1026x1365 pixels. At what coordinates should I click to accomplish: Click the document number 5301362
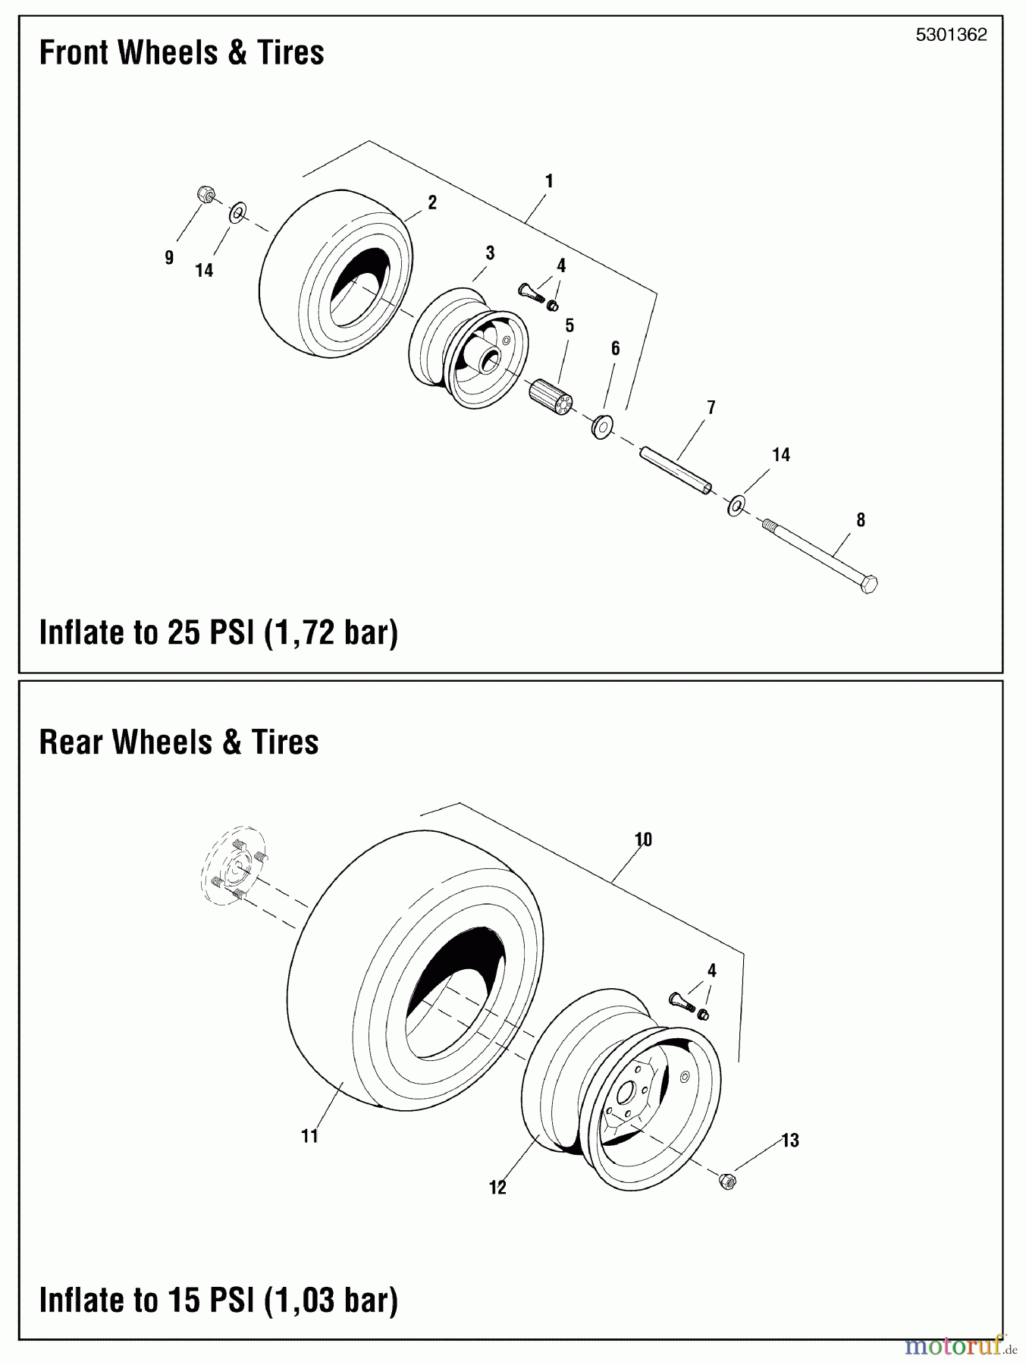click(951, 35)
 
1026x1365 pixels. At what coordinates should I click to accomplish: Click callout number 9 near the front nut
click(168, 257)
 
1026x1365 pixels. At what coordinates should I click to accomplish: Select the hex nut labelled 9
click(204, 194)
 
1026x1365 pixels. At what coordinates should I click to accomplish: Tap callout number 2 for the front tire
click(432, 202)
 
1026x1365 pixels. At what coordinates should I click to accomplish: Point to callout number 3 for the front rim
click(490, 253)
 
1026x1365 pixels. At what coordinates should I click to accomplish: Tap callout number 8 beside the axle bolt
click(860, 520)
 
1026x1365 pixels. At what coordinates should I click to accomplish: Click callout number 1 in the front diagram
click(548, 181)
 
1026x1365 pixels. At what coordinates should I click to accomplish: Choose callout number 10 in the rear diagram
click(643, 839)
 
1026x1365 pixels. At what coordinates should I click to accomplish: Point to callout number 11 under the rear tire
click(309, 1136)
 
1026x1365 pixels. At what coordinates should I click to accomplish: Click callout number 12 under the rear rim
click(497, 1188)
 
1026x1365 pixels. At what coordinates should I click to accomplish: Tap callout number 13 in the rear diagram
click(790, 1141)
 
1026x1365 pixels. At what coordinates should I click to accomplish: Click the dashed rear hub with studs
click(235, 866)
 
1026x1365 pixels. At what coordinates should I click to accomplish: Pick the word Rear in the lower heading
click(71, 742)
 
